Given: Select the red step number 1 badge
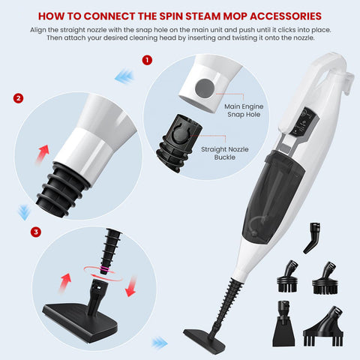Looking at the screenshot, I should (147, 58).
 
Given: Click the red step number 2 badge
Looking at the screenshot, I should (18, 98).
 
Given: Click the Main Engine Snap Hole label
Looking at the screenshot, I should (245, 111).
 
